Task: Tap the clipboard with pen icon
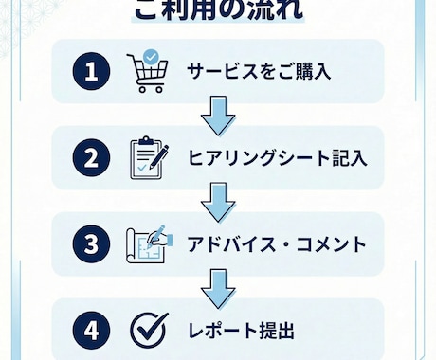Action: (x=148, y=156)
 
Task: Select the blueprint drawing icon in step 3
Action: (x=148, y=244)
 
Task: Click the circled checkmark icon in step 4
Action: (x=146, y=331)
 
